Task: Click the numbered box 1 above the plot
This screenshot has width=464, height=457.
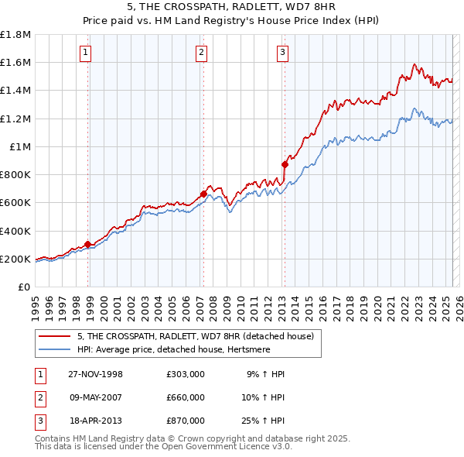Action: click(x=85, y=53)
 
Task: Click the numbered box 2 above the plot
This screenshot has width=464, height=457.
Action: click(x=201, y=53)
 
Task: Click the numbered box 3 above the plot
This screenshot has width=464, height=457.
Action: click(x=282, y=53)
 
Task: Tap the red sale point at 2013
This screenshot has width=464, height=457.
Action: click(x=285, y=164)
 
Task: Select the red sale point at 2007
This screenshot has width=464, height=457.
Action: click(x=203, y=194)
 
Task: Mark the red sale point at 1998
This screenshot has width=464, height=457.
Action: click(x=88, y=244)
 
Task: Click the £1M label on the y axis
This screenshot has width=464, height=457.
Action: click(x=20, y=146)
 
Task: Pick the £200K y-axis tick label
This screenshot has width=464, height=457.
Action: click(x=15, y=259)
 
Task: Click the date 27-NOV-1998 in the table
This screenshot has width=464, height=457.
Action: click(x=95, y=374)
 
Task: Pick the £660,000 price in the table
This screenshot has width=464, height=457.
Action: click(x=185, y=397)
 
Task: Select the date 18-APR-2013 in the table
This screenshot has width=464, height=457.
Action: click(x=95, y=421)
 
